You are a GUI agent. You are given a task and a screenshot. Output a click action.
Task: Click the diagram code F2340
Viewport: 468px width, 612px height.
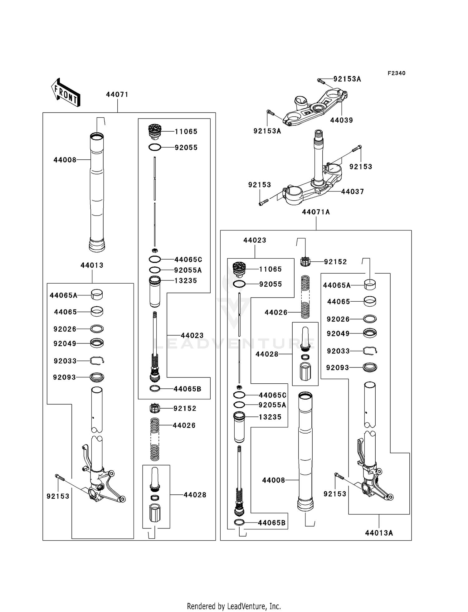pyautogui.click(x=396, y=73)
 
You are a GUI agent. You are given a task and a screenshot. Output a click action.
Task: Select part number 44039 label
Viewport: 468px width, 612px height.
pyautogui.click(x=341, y=120)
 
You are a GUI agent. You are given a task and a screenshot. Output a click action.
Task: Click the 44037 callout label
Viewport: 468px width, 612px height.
pyautogui.click(x=352, y=192)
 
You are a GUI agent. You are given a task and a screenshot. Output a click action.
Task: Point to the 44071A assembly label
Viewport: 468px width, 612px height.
pyautogui.click(x=316, y=212)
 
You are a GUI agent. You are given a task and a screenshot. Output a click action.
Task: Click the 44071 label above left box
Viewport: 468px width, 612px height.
pyautogui.click(x=117, y=95)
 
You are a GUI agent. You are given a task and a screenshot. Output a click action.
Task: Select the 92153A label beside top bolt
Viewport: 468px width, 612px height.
pyautogui.click(x=347, y=79)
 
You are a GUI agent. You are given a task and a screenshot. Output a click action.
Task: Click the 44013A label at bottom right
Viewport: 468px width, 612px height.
pyautogui.click(x=379, y=533)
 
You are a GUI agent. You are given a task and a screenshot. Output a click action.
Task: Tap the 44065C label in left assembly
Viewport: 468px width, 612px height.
pyautogui.click(x=188, y=260)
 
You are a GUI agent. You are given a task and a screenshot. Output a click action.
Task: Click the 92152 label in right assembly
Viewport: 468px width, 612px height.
pyautogui.click(x=335, y=262)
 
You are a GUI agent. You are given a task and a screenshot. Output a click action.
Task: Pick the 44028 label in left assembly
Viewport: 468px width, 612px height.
pyautogui.click(x=195, y=495)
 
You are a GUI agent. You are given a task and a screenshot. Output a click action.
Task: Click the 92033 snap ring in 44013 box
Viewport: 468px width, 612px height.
pyautogui.click(x=97, y=361)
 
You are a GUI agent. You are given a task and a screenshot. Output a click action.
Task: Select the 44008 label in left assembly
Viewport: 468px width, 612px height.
pyautogui.click(x=65, y=160)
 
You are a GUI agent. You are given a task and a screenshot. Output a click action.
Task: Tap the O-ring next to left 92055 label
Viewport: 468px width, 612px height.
pyautogui.click(x=155, y=148)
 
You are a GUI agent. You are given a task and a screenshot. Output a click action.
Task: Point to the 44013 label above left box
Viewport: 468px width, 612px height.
pyautogui.click(x=92, y=265)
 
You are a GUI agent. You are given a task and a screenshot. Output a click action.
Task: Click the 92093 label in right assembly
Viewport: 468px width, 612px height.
pyautogui.click(x=337, y=368)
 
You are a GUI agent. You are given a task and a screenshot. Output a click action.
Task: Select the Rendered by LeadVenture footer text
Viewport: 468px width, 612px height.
pyautogui.click(x=234, y=606)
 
